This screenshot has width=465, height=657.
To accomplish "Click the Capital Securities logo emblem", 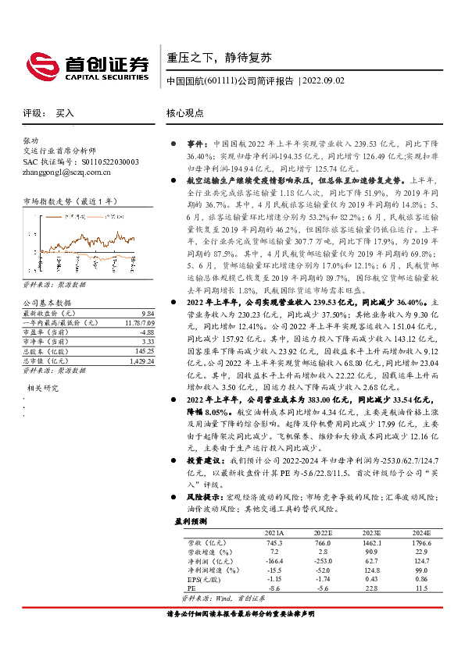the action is (x=39, y=66).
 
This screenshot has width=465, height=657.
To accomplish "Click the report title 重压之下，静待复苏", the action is (x=208, y=58).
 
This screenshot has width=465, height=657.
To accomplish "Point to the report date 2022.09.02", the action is (x=324, y=81).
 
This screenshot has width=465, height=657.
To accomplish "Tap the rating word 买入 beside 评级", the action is (x=65, y=112).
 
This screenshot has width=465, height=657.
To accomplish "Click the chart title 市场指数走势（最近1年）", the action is (x=63, y=201).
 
